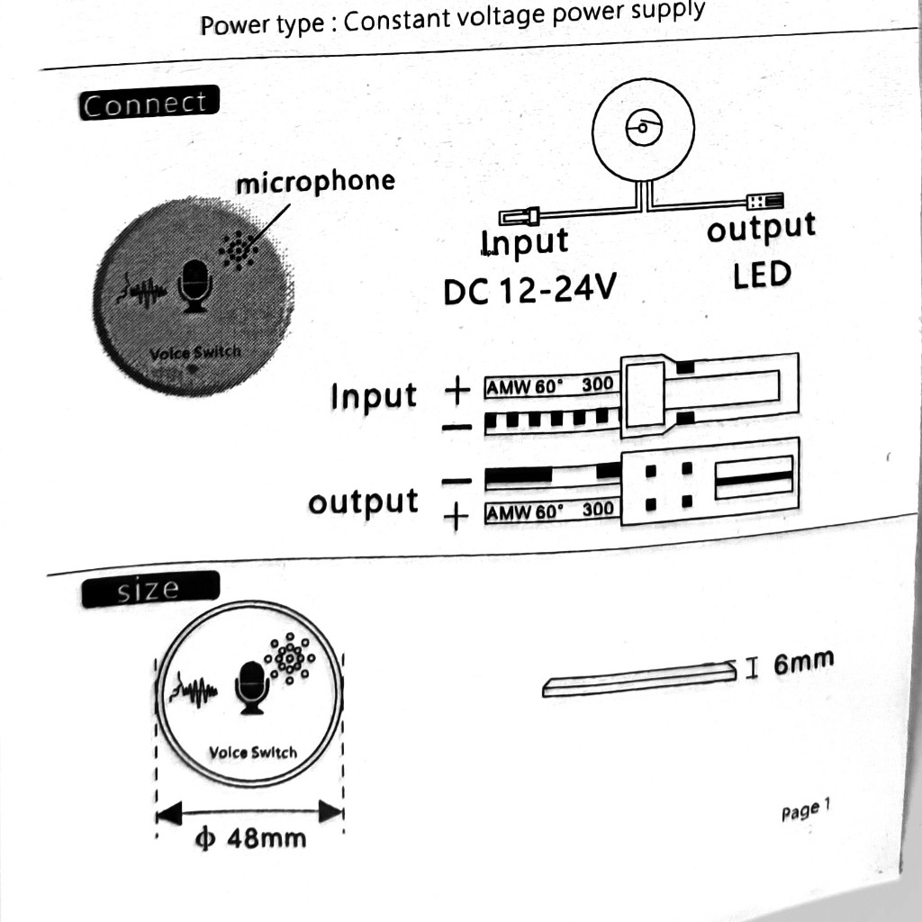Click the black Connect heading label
[x=149, y=103]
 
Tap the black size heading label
[x=150, y=589]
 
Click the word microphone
[x=315, y=182]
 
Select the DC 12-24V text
[x=529, y=289]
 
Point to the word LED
[x=762, y=275]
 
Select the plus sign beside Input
[x=457, y=390]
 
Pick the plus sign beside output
[x=456, y=517]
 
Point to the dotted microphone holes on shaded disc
[x=238, y=250]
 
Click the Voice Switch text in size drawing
[x=253, y=752]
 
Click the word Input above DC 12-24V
[x=525, y=241]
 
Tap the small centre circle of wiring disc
[x=643, y=127]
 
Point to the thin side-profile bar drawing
[x=639, y=679]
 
